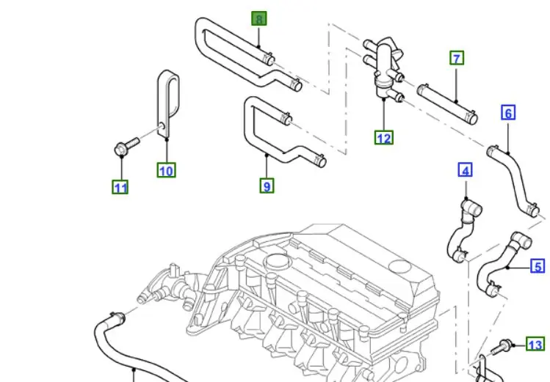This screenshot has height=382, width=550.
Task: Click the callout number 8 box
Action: (259, 18)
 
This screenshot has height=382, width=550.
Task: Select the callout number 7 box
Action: (457, 58)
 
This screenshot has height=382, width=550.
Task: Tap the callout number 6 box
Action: (508, 113)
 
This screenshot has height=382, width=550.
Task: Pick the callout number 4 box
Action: (465, 171)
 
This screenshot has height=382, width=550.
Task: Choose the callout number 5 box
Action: (538, 266)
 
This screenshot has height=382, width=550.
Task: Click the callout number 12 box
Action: (383, 137)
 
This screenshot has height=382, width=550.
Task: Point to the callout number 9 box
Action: (267, 186)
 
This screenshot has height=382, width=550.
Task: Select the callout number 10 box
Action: (167, 170)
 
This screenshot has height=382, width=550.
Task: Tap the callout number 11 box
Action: (120, 187)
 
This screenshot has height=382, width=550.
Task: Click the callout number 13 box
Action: (536, 345)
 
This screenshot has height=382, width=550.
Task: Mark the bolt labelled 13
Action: (506, 345)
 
